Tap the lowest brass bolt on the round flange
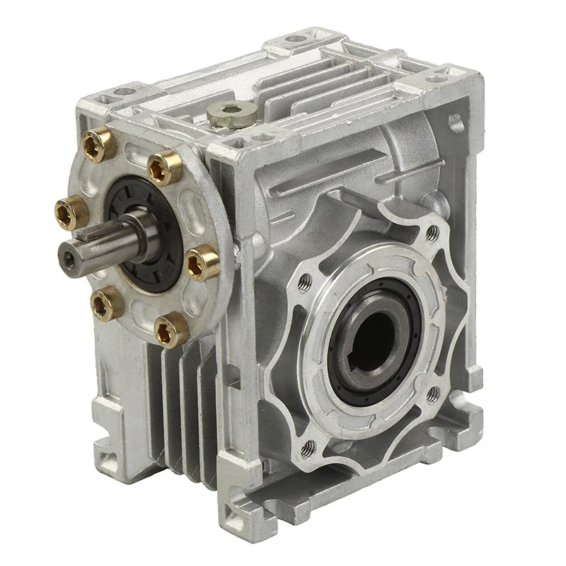tap(172, 330)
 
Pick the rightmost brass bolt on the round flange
tap(202, 262)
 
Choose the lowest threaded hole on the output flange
tap(308, 447)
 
